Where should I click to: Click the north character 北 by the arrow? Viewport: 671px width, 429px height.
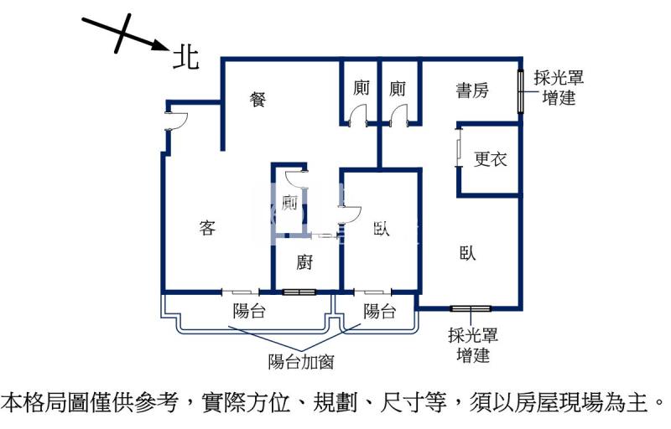(185, 56)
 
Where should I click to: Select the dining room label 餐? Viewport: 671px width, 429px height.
(258, 99)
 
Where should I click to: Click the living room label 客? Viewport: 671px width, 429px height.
(208, 227)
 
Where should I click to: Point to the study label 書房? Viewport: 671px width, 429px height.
(471, 90)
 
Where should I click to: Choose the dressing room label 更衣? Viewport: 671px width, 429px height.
(491, 158)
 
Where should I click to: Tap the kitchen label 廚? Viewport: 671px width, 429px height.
(305, 262)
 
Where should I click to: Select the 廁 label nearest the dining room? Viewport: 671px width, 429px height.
(361, 88)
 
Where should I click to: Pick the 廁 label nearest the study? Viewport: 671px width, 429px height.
(398, 88)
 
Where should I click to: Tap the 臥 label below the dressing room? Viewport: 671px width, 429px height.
(467, 253)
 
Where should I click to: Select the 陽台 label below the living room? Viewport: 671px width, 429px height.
(249, 312)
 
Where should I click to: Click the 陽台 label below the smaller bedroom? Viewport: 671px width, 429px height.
(379, 312)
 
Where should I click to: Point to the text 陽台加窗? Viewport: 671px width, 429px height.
(301, 362)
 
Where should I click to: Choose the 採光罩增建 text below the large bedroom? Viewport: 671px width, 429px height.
(473, 345)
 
